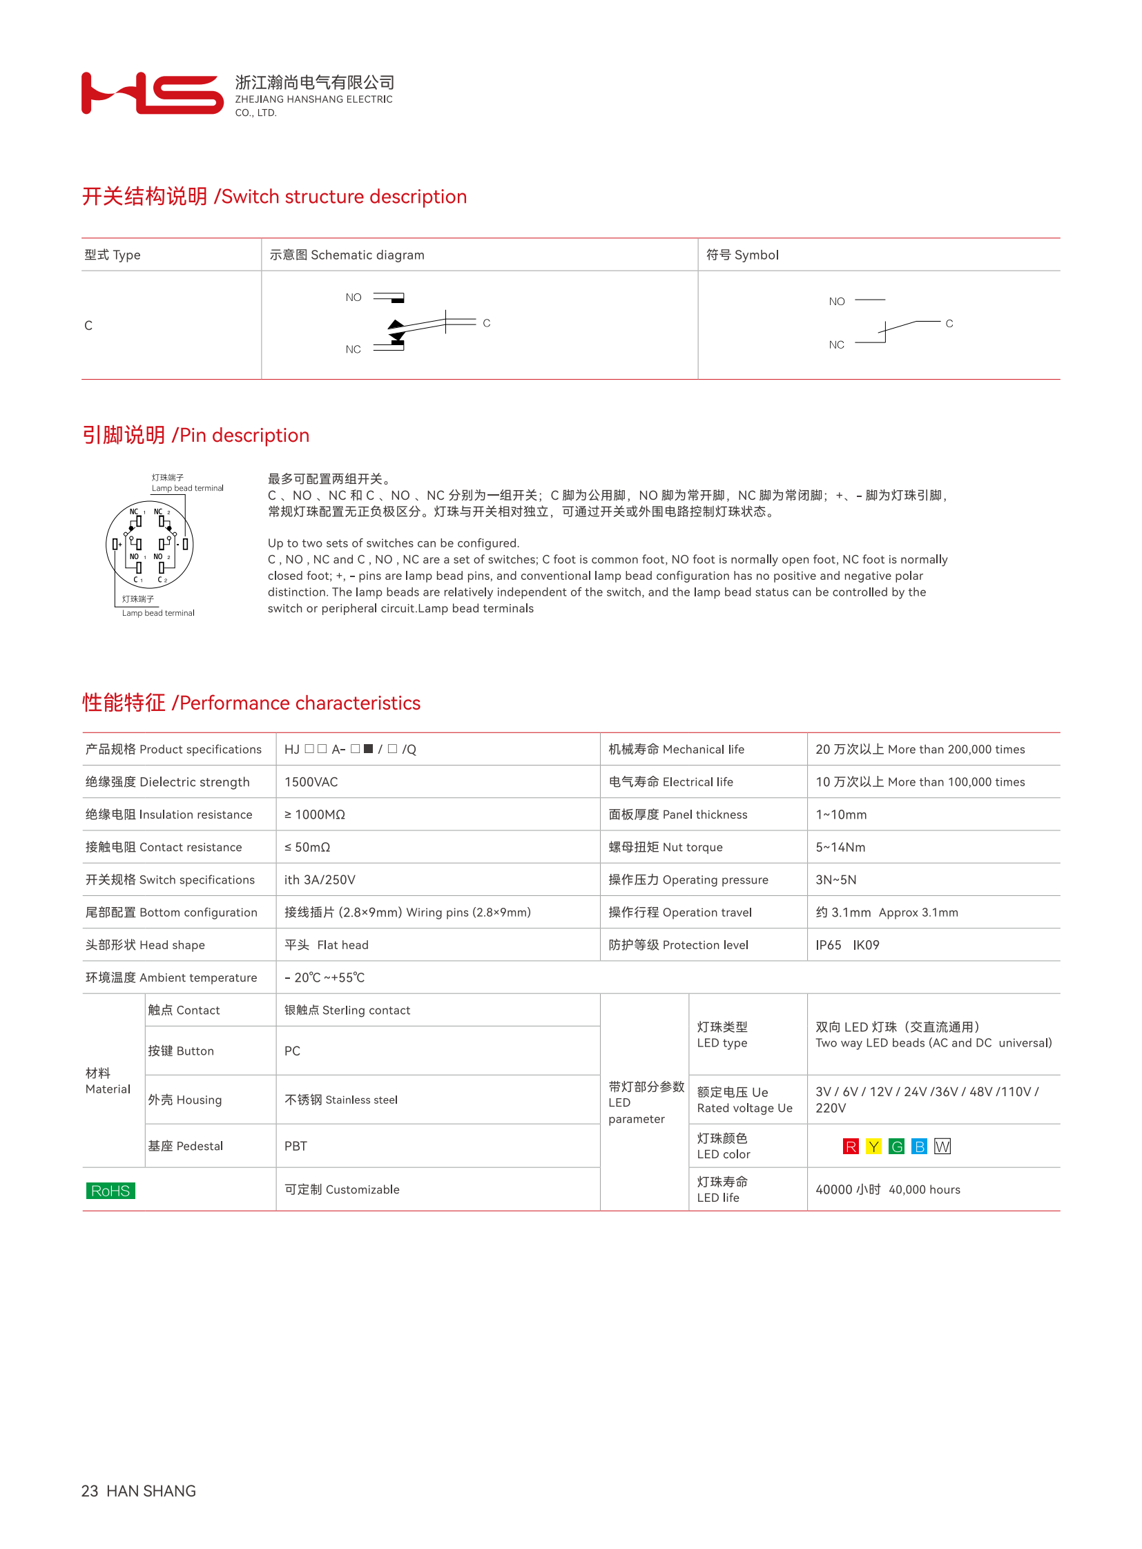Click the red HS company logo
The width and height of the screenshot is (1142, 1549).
point(152,92)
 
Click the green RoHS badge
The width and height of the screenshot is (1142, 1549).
point(110,1190)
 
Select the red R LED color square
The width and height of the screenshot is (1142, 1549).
point(850,1147)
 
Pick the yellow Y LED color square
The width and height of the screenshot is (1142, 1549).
point(873,1147)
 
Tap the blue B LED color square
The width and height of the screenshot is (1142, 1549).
point(919,1147)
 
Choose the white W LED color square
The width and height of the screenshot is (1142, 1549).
point(942,1147)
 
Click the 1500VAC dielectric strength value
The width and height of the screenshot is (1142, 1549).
point(311,782)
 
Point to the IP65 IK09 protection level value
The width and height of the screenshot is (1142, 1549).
point(846,945)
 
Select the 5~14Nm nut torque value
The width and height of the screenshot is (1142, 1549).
point(840,847)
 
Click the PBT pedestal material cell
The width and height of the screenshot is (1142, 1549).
point(296,1146)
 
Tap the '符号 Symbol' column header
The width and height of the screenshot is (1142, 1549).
point(742,255)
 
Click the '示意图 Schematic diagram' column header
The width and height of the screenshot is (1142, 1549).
point(347,255)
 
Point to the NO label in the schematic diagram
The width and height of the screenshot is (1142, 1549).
point(354,298)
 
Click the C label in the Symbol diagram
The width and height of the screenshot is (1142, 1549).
point(949,324)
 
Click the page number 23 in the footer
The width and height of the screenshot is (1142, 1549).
point(89,1491)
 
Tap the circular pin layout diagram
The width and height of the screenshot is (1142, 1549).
point(149,545)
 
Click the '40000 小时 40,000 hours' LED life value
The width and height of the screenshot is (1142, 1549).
point(888,1189)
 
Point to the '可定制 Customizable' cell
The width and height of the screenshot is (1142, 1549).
point(342,1189)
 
